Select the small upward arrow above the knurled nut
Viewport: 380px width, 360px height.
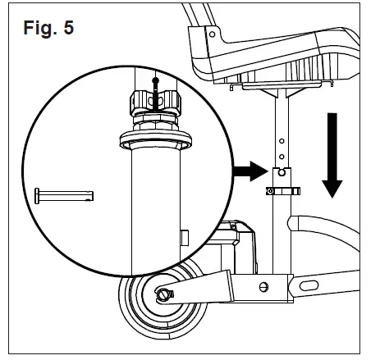(155, 83)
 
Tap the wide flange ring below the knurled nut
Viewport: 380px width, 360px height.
(154, 137)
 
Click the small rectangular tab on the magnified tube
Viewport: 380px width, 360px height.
(183, 238)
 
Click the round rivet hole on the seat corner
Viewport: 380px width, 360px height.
(212, 35)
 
